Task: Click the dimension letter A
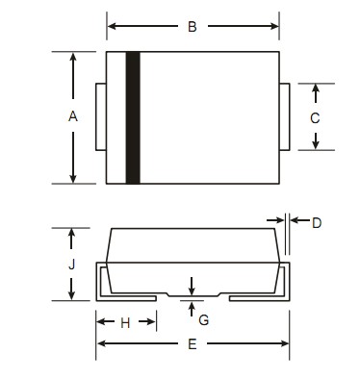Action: click(73, 116)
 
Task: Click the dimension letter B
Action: click(193, 27)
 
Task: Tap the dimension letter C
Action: click(315, 118)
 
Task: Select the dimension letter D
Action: click(317, 223)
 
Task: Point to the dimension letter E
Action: click(192, 344)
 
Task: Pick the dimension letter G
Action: click(204, 319)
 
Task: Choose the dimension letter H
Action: click(125, 323)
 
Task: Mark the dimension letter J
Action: click(72, 265)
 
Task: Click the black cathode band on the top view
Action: click(133, 117)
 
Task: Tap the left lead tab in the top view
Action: click(101, 116)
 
